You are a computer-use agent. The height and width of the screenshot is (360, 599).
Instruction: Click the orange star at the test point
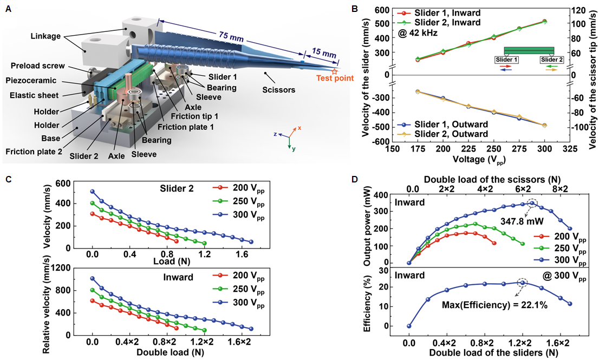click(334, 71)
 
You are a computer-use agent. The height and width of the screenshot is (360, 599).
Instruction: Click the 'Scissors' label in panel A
click(278, 90)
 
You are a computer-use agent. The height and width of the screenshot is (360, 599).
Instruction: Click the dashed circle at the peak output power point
click(533, 204)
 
